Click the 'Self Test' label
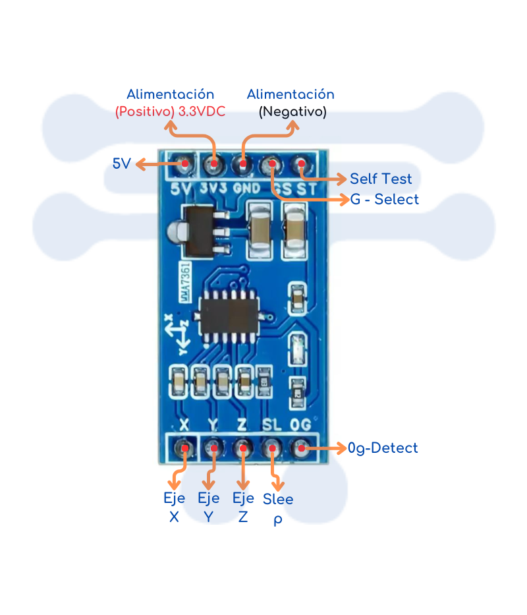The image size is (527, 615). tap(381, 179)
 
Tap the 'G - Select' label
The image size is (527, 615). tap(384, 199)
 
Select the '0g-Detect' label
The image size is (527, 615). tap(383, 448)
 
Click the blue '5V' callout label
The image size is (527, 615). tap(122, 163)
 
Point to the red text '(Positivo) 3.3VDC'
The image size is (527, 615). tap(170, 111)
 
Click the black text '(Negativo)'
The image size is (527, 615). tap(292, 111)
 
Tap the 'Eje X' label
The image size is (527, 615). tap(174, 508)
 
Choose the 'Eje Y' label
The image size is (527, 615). tap(209, 508)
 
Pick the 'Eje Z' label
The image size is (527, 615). tap(243, 508)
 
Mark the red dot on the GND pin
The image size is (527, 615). tap(243, 163)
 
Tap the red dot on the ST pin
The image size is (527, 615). tap(302, 163)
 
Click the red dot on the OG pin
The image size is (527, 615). tap(301, 449)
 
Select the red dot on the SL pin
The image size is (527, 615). tap(271, 449)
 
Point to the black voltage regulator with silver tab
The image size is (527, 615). tap(200, 231)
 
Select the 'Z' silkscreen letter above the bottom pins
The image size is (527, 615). tap(242, 424)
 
